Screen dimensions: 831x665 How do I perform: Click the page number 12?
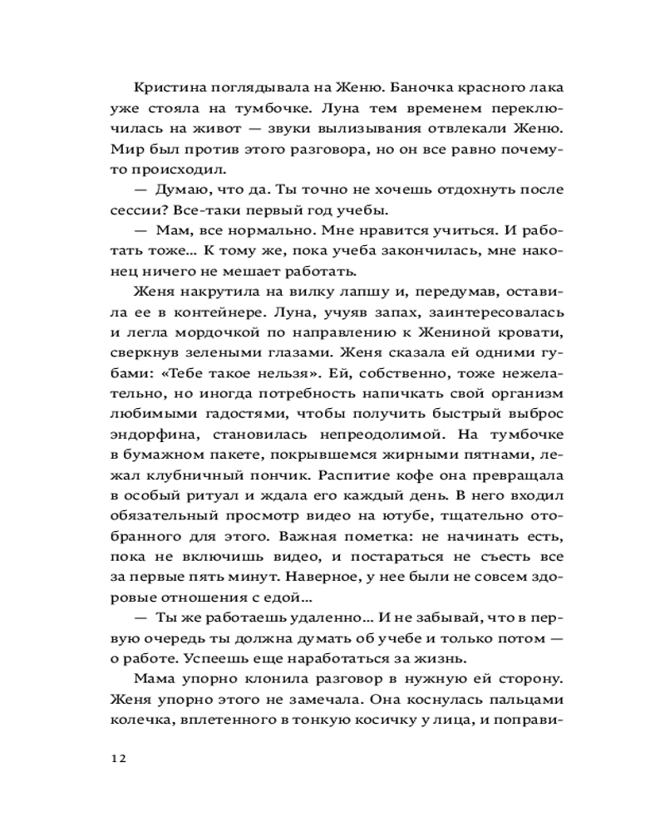tap(116, 759)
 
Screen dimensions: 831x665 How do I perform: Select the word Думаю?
tap(180, 190)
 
